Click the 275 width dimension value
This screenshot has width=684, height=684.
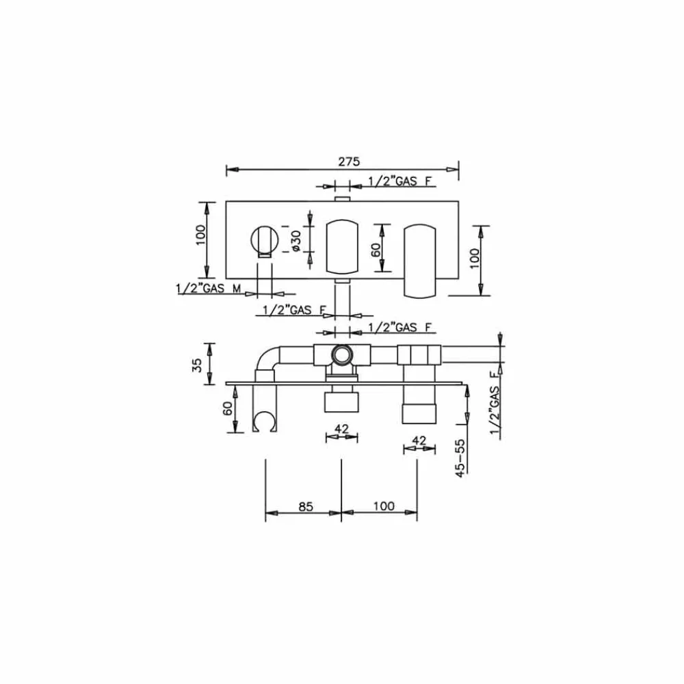(x=349, y=161)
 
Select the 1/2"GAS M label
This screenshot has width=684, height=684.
(x=209, y=289)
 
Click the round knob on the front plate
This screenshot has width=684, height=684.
(x=264, y=239)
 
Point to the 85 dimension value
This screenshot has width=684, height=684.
(x=305, y=506)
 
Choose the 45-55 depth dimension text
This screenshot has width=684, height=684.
(x=460, y=458)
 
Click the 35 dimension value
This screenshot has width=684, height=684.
(x=197, y=365)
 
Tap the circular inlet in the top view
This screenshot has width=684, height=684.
(x=341, y=354)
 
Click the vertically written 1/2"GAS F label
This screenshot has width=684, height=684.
(x=495, y=402)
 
